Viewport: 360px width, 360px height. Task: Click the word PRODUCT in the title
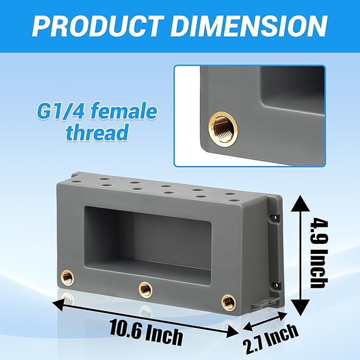point(98,26)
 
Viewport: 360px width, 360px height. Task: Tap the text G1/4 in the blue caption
point(61,112)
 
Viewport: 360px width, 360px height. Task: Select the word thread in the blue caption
point(97,132)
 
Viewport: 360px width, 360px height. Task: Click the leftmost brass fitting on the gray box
point(67,277)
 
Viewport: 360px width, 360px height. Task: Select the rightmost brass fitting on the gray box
point(229,301)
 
